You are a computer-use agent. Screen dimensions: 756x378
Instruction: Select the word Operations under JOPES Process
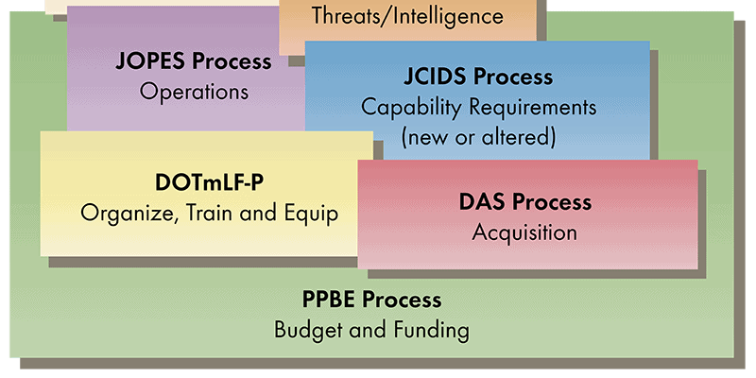tap(194, 92)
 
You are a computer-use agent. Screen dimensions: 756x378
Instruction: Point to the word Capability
tap(412, 109)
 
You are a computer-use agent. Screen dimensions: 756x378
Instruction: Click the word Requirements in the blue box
tap(533, 109)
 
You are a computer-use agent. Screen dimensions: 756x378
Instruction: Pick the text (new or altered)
tap(478, 137)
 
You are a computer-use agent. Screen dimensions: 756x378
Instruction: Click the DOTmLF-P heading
tap(209, 184)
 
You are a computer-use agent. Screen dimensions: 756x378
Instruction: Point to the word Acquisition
tap(524, 232)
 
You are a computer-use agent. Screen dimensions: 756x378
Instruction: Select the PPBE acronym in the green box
tap(329, 300)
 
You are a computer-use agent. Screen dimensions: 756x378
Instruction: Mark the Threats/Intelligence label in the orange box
tap(407, 16)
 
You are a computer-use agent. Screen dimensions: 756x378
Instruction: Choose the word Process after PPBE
tap(402, 300)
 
